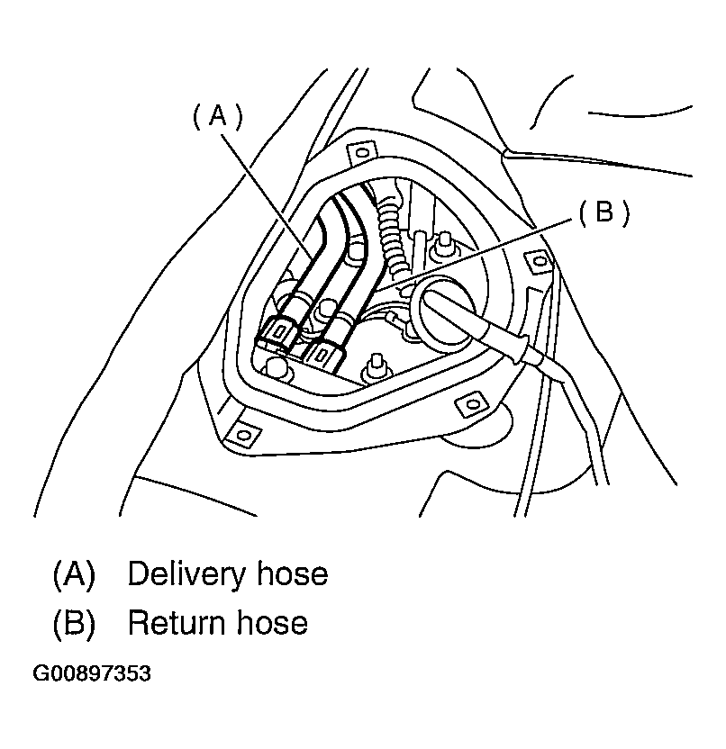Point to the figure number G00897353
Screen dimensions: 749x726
click(x=91, y=673)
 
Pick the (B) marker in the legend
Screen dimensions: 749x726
click(x=74, y=622)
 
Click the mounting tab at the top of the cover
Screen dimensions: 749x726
click(x=362, y=153)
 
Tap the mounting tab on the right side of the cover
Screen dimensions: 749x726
click(x=538, y=262)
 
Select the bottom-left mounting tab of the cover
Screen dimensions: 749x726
click(x=241, y=435)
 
